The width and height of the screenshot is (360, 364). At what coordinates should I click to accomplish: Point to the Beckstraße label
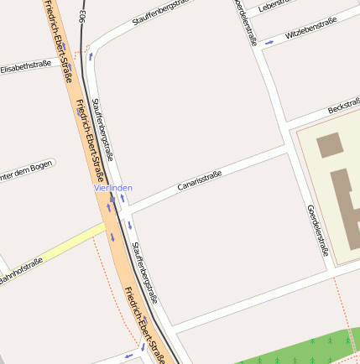coord(344,108)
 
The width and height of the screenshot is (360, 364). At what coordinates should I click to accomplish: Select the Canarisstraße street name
coord(200,180)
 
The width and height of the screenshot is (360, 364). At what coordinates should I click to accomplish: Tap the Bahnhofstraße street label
coord(21,273)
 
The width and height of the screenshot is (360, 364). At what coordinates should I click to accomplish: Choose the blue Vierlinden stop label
coord(112,188)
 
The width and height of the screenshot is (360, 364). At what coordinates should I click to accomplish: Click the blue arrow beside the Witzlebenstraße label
coord(269,41)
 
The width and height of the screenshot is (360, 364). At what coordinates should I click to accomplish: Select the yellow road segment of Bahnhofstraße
coord(67,242)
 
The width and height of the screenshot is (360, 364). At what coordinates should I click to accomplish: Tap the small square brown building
coord(329,143)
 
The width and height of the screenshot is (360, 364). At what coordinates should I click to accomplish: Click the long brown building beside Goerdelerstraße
coord(344,205)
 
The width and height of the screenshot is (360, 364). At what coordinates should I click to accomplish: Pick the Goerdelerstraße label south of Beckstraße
coord(317,229)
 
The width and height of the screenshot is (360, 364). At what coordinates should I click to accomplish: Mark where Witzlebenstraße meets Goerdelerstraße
coord(258,49)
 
